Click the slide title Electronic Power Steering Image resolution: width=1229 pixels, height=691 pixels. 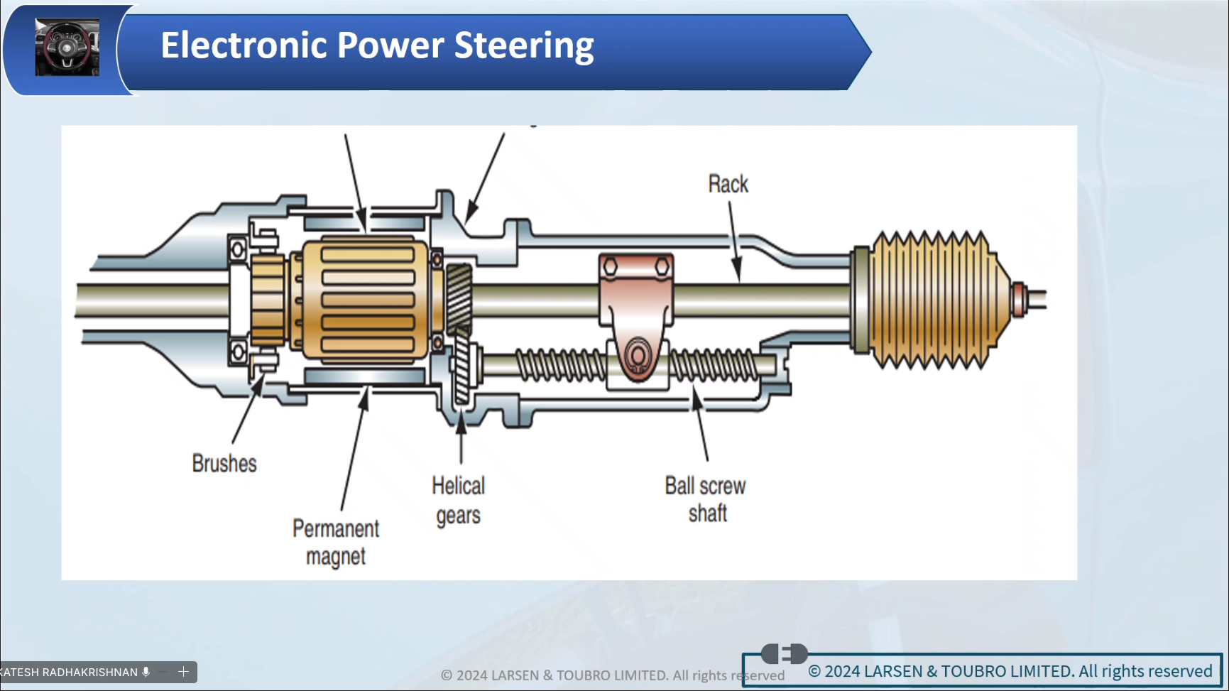coord(377,45)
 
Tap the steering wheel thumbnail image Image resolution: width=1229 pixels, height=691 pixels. coord(67,48)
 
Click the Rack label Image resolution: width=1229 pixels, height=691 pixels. coord(728,184)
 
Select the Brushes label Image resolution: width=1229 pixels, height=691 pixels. coord(224,464)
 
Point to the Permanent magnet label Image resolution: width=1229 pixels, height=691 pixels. coord(336,542)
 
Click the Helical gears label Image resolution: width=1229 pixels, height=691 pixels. coord(459,500)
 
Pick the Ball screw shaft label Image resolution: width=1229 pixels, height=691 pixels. coord(706,499)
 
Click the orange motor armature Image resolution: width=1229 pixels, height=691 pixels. coord(366,300)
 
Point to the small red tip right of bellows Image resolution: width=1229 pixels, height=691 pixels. coord(1019,298)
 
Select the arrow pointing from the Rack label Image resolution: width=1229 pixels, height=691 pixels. coord(734,241)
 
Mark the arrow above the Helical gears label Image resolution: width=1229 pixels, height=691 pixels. coord(461,437)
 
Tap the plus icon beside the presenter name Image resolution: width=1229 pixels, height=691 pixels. coord(183,672)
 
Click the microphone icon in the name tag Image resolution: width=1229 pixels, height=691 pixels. coord(146,672)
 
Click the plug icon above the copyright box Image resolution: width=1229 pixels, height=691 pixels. coord(784,653)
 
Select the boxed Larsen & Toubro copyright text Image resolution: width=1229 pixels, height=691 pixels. coord(1011,671)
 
